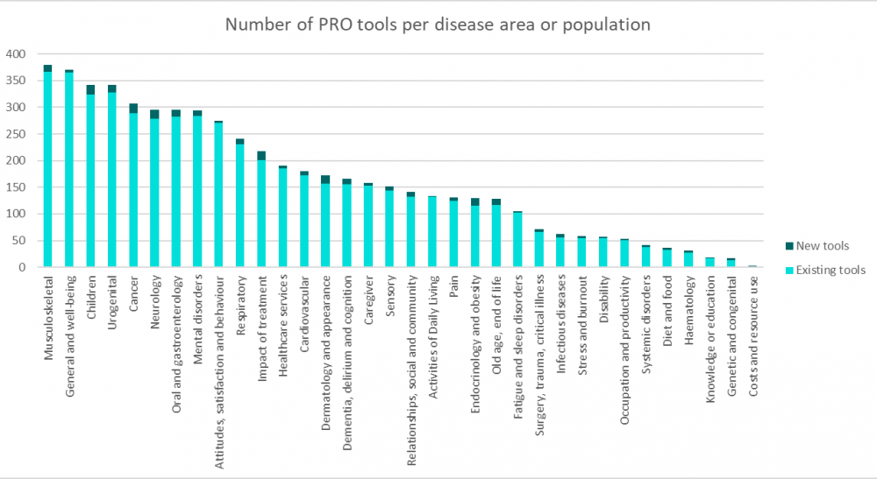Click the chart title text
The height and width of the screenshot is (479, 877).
(x=438, y=25)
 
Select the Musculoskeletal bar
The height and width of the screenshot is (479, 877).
(x=47, y=166)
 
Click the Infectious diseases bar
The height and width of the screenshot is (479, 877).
(x=560, y=250)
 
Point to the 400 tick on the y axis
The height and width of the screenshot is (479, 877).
(x=18, y=54)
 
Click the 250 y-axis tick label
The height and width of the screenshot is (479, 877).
(x=18, y=134)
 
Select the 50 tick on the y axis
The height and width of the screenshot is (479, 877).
(x=21, y=241)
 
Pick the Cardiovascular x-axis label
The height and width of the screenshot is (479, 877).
(x=304, y=314)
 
